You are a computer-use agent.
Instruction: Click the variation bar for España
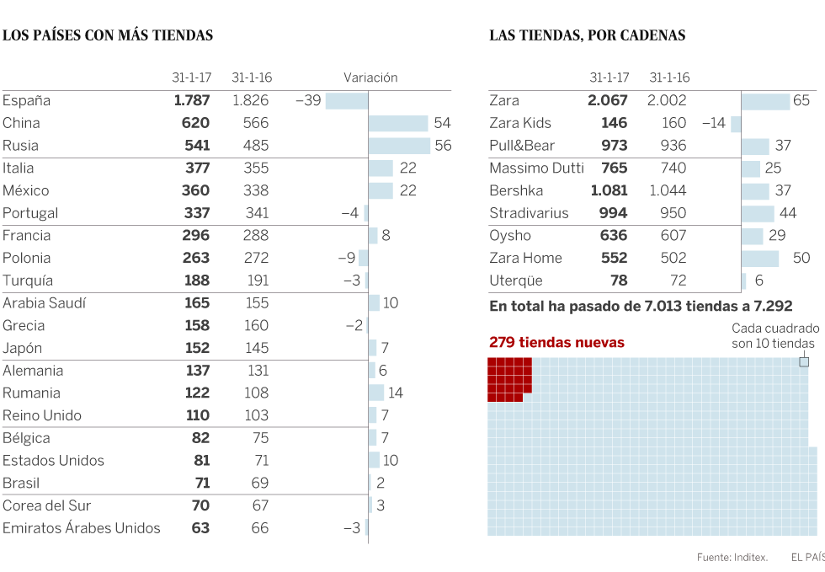tap(347, 101)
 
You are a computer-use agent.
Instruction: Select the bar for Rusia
tap(399, 146)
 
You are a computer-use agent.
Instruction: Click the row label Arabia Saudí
tap(45, 303)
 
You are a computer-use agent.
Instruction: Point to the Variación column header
tap(370, 78)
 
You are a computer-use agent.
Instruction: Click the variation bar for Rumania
tap(376, 393)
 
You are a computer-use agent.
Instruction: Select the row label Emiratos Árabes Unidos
tap(82, 528)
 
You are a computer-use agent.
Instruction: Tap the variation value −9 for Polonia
tap(346, 259)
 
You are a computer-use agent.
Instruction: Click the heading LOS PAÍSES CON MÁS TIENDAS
tap(108, 35)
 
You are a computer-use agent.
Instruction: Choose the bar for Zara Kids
tap(736, 124)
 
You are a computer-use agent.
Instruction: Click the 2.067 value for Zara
tap(608, 101)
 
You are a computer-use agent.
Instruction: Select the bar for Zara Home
tap(760, 259)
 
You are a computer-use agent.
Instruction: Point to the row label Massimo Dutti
tap(537, 168)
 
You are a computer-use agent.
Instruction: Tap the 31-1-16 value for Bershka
tap(668, 190)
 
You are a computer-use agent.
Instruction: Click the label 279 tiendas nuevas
tap(556, 342)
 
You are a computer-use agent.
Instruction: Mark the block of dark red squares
tap(508, 377)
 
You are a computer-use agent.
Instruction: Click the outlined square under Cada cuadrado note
tap(804, 362)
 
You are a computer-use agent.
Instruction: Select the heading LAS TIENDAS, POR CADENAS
tap(587, 35)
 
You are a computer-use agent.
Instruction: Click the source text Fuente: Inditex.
tap(732, 557)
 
